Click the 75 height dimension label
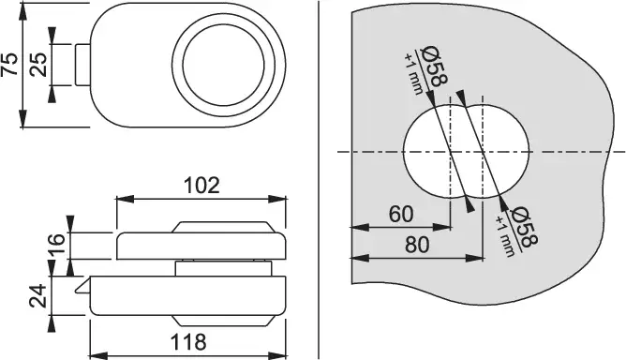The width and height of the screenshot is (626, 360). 9,65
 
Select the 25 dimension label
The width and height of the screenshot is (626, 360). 38,65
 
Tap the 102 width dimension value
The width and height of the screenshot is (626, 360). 201,186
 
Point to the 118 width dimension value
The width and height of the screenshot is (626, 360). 188,342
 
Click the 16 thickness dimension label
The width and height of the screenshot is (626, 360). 56,245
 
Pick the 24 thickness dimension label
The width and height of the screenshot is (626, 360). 38,296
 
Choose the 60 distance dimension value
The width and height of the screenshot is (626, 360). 401,215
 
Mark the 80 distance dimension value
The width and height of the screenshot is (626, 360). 417,245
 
